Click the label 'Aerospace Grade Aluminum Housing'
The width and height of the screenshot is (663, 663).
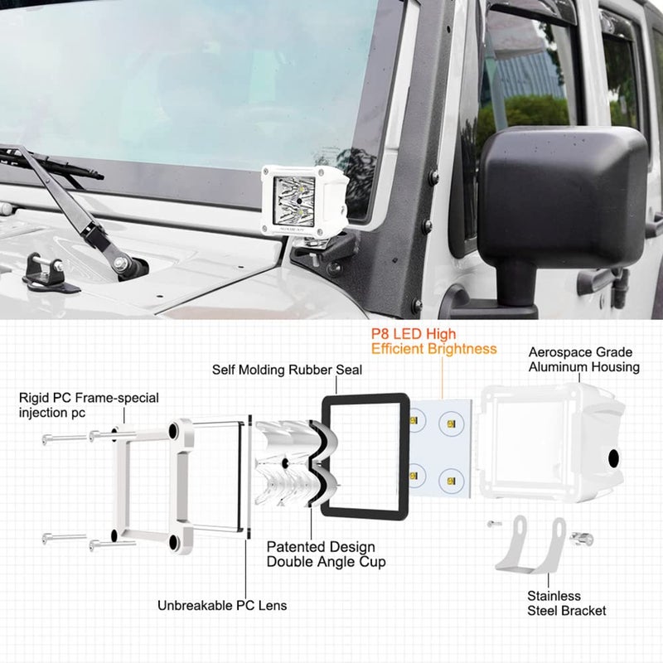583,360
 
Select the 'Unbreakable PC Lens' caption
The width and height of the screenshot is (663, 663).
222,605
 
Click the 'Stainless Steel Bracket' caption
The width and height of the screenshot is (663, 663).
566,603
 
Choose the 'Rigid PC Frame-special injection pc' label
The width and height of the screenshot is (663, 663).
89,405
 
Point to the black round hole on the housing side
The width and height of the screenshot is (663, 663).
614,458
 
